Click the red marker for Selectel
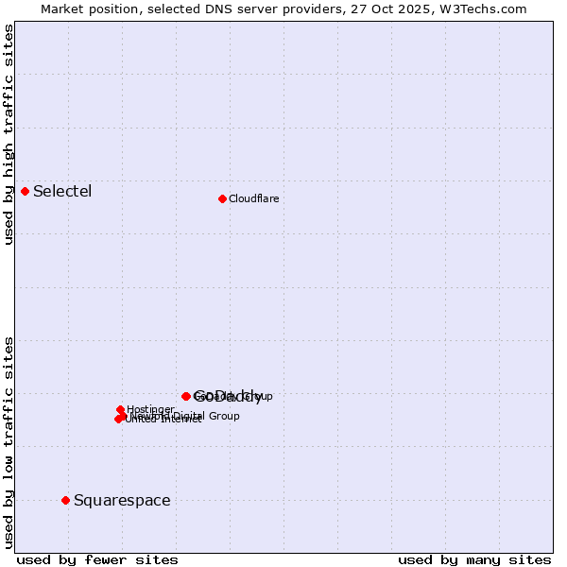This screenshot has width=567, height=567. coord(25,191)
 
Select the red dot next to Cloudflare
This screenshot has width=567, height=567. coord(222,198)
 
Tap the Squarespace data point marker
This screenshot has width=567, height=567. coord(65,500)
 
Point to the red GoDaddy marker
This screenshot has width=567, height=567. coord(186,396)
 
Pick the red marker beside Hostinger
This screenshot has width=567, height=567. coord(120,409)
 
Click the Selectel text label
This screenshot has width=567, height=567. coord(62,192)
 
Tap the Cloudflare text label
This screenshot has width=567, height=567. coord(253,198)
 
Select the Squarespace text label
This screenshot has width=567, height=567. coord(122,500)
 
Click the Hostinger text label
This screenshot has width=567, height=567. coord(150,409)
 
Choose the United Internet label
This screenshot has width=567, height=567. coord(163,420)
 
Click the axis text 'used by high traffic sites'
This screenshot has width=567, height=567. coord(9,134)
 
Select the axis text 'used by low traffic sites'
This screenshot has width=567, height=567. coord(9,441)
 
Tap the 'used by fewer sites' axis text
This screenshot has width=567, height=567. coord(97,559)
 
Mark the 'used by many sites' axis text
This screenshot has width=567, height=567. coord(474,559)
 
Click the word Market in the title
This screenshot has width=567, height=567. coord(63,9)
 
